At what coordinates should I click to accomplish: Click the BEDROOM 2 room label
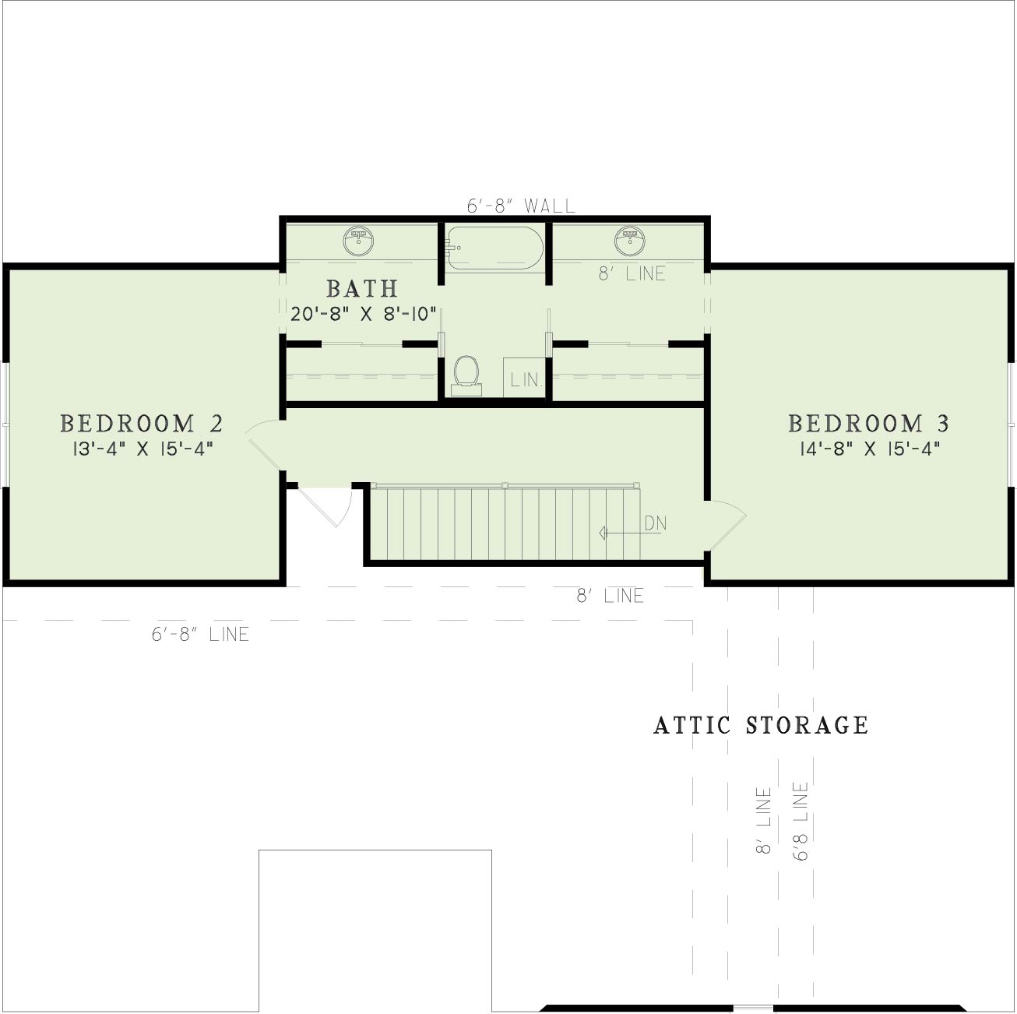click(x=142, y=424)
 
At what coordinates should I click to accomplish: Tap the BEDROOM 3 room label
click(x=869, y=424)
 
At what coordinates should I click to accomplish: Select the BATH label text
click(x=363, y=289)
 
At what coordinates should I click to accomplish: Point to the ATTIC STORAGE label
click(x=761, y=725)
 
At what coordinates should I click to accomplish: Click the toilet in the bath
click(x=466, y=375)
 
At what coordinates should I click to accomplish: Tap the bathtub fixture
click(x=494, y=248)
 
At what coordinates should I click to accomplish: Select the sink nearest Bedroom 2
click(x=359, y=241)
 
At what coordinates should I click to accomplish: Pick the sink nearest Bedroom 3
click(x=630, y=241)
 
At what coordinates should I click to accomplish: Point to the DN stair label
click(x=656, y=523)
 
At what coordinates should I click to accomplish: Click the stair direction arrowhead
click(x=604, y=533)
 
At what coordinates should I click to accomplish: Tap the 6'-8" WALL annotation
click(x=521, y=206)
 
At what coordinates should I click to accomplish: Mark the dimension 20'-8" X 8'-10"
click(x=363, y=314)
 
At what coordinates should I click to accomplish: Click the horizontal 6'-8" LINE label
click(x=200, y=634)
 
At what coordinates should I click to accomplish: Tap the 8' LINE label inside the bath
click(x=632, y=273)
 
